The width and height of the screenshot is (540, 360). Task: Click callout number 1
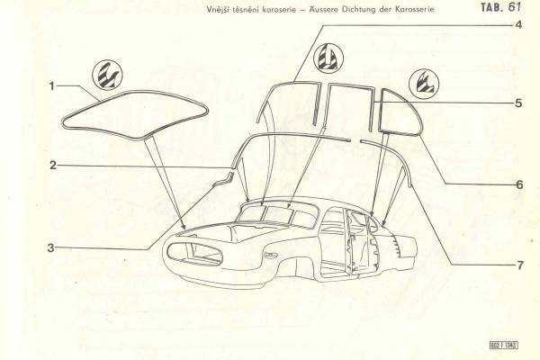(x=52, y=85)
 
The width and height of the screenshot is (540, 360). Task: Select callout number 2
(x=53, y=166)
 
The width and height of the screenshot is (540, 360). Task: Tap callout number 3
(x=51, y=247)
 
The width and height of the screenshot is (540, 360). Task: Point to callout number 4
(x=518, y=25)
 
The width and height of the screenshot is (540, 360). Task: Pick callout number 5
(x=518, y=103)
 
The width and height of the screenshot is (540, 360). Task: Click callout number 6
(x=519, y=184)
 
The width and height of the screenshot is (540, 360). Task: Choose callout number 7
(x=519, y=265)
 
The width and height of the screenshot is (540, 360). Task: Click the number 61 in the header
(x=513, y=7)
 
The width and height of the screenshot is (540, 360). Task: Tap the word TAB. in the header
(x=491, y=7)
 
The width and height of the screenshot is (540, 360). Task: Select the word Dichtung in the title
(x=357, y=10)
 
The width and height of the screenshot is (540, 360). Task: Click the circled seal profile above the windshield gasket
(x=107, y=75)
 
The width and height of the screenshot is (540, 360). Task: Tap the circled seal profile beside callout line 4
(x=328, y=58)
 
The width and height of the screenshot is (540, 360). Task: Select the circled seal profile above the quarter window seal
(x=424, y=84)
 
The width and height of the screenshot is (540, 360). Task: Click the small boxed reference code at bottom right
(x=503, y=345)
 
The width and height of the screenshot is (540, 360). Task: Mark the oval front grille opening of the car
(x=193, y=254)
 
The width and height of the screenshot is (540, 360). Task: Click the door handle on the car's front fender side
(x=270, y=256)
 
